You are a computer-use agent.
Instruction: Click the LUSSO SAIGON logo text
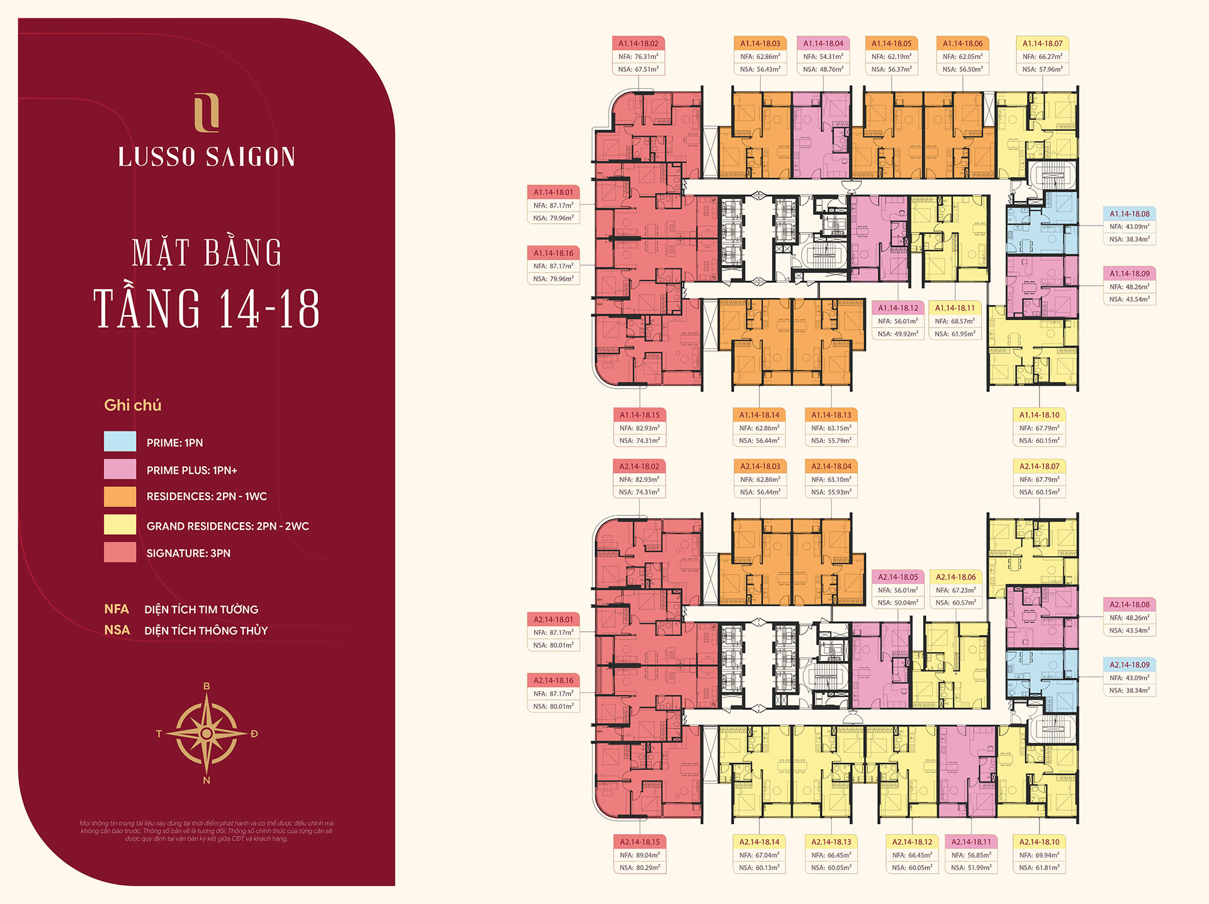pos(207,157)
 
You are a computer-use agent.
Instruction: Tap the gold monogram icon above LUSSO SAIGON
pos(207,113)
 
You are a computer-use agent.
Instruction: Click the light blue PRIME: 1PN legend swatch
pos(120,442)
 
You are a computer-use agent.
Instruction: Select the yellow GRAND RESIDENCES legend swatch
pos(120,525)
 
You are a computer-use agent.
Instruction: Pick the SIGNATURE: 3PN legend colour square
pos(120,552)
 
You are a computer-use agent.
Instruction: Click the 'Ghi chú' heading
pos(132,405)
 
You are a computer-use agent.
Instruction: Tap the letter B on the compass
pos(207,686)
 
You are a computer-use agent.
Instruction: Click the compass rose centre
pos(206,733)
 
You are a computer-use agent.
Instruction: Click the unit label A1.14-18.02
pos(639,43)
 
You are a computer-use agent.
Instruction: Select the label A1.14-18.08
pos(1129,214)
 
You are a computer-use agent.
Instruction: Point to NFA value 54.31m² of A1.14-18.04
pos(823,57)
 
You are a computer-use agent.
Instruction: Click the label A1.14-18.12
pos(898,308)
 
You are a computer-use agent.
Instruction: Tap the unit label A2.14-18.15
pos(640,842)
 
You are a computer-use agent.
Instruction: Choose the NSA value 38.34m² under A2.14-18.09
pos(1129,690)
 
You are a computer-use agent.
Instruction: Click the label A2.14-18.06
pos(955,577)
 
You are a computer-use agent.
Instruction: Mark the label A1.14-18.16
pos(553,253)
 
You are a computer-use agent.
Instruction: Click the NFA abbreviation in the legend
pos(116,609)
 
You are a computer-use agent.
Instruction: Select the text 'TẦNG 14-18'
pos(207,309)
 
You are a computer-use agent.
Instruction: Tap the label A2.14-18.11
pos(971,842)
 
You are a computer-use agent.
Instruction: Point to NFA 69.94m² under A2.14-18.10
pos(1039,855)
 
